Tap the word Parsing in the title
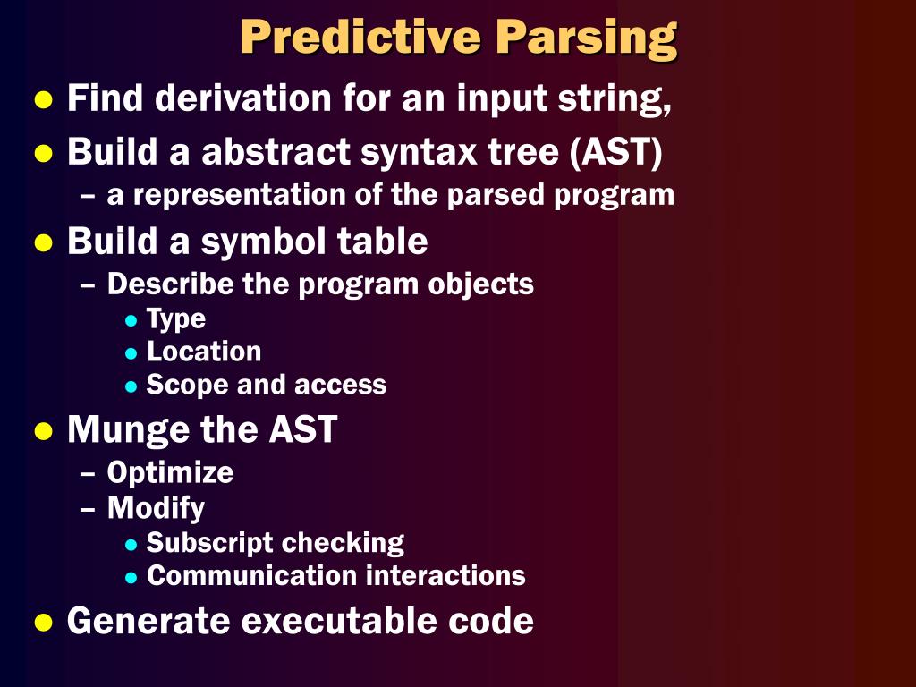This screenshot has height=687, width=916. (x=587, y=38)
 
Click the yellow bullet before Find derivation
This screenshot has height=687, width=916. (x=42, y=99)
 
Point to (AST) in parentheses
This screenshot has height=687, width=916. (x=617, y=152)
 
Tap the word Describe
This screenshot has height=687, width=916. (x=171, y=284)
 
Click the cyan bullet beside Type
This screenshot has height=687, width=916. (x=131, y=320)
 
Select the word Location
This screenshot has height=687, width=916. (x=204, y=352)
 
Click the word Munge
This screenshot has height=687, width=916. (x=129, y=430)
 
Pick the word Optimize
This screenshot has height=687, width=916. (x=170, y=472)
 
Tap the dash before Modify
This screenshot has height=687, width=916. (x=88, y=508)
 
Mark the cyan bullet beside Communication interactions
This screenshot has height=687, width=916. (x=131, y=577)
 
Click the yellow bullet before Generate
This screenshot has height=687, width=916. (x=42, y=622)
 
